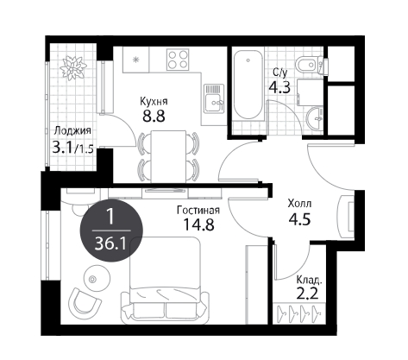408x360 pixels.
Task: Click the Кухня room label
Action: pos(154,101)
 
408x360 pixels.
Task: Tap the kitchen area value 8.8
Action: pos(154,117)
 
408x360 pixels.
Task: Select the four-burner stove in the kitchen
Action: pos(178,59)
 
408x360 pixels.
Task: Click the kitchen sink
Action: pos(214,98)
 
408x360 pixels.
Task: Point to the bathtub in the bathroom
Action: pos(248,85)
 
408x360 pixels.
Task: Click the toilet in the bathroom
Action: pos(309,65)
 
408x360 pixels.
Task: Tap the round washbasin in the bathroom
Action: pos(315,118)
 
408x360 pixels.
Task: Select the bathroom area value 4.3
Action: pos(279,87)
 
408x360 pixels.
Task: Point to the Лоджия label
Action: pos(72,131)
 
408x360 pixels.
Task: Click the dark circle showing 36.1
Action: pos(111,231)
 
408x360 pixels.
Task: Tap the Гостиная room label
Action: pos(198,211)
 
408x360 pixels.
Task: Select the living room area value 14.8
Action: pos(199,224)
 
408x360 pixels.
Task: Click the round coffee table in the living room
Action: pos(97,277)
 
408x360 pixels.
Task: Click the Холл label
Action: pos(299,204)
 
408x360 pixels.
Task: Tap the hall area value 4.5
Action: pos(299,219)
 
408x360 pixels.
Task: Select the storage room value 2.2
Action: pos(307,294)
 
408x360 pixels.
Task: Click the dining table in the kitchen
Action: pos(168,156)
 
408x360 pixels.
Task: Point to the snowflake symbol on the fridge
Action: pos(135,60)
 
